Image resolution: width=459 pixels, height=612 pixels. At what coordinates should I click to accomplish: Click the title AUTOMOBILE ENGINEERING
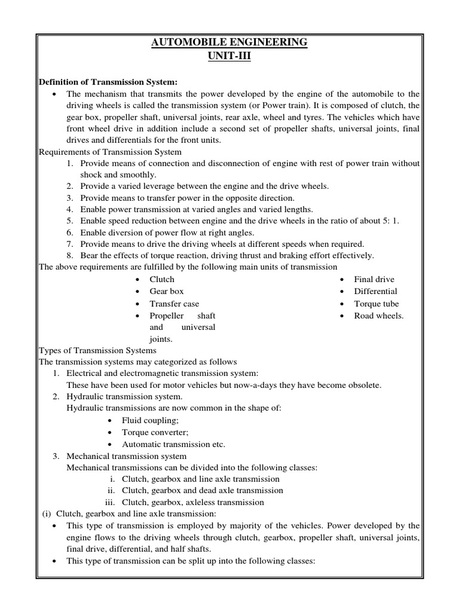229,42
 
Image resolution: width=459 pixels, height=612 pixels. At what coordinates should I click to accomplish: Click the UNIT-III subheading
229,56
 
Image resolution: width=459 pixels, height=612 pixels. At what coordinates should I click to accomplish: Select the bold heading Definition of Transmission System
108,82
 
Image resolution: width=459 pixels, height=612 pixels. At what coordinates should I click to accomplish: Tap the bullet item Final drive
374,279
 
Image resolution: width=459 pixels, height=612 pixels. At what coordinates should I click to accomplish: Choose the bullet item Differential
375,291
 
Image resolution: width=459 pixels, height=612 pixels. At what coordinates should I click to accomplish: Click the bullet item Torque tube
376,304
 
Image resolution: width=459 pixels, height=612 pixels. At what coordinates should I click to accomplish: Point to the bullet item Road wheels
378,316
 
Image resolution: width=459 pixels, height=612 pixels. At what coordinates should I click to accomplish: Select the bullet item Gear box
167,291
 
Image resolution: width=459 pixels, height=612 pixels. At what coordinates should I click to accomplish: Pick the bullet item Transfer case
175,304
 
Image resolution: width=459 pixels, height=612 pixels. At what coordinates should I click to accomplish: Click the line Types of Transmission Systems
97,350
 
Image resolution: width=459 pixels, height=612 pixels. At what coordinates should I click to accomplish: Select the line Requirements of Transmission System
110,152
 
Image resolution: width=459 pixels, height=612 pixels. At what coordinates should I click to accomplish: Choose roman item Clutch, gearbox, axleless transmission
192,502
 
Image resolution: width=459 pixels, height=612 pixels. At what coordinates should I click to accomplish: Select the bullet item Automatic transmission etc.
173,444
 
